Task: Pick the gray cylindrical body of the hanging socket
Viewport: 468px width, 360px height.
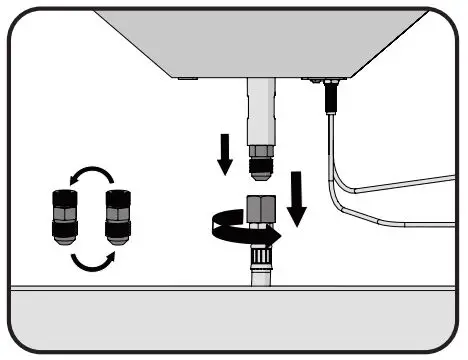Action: click(265, 110)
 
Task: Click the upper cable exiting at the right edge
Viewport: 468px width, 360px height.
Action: click(420, 183)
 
